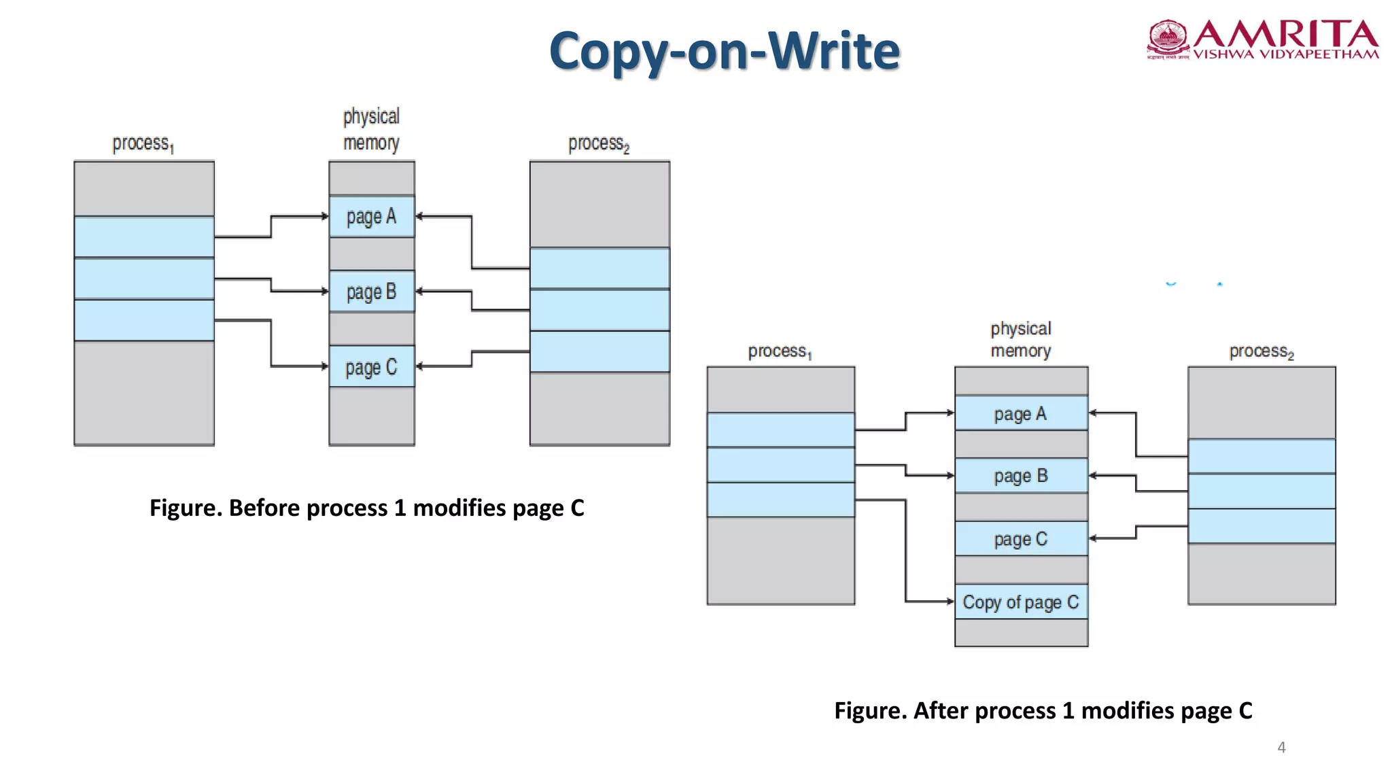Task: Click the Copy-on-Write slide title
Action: point(725,51)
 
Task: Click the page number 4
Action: point(1281,747)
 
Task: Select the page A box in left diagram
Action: point(371,217)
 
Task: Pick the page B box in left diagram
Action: point(371,292)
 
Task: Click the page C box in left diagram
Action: point(371,367)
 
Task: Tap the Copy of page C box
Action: point(1021,602)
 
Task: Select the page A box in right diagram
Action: point(1021,413)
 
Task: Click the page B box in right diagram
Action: point(1021,476)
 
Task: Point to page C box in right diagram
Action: point(1021,539)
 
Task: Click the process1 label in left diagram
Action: point(143,143)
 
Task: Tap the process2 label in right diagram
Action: point(1261,351)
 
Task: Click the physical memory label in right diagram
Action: point(1021,340)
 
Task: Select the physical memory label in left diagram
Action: point(371,129)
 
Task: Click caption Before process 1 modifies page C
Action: point(367,508)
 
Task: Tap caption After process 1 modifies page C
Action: point(1043,710)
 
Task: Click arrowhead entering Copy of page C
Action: point(950,602)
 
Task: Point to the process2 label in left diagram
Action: point(599,143)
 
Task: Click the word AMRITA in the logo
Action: point(1285,34)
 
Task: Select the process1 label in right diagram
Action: point(780,351)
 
